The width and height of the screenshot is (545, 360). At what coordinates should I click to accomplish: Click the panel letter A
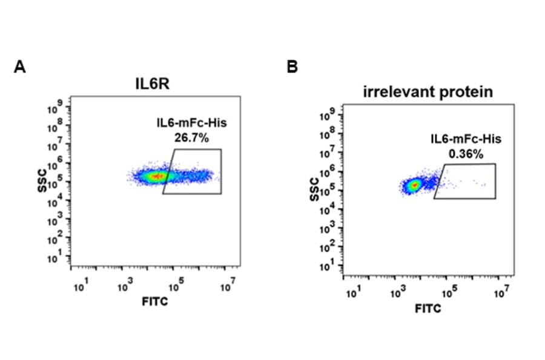[x=19, y=67]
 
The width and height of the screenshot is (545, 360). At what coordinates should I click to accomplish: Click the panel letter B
[x=292, y=67]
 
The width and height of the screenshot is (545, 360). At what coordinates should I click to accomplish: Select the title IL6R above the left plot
[x=152, y=84]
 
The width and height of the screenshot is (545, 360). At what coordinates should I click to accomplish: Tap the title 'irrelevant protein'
[x=428, y=92]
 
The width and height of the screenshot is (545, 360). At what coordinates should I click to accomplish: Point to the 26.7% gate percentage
[x=191, y=138]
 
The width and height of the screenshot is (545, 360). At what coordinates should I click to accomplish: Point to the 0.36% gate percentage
[x=466, y=154]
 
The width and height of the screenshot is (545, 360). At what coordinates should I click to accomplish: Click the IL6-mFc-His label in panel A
[x=191, y=124]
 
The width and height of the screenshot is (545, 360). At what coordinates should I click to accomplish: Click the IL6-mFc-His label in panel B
[x=466, y=139]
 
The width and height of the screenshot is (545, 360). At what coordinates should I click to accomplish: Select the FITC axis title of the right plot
[x=428, y=309]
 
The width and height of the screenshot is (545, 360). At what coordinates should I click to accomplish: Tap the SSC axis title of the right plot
[x=314, y=188]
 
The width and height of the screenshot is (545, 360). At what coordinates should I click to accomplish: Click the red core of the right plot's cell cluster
[x=414, y=185]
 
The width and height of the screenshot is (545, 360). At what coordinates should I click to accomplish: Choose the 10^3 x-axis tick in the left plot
[x=123, y=285]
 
